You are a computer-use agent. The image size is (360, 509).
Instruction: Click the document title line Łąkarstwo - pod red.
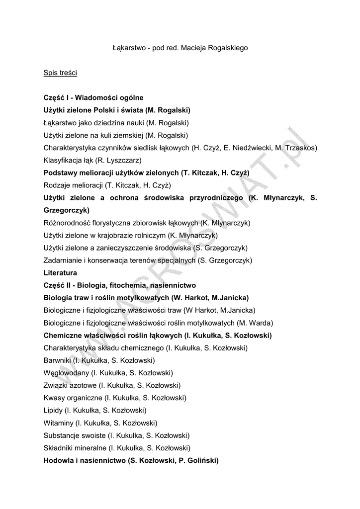click(x=180, y=48)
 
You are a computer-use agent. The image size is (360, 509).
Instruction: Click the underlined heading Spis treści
click(x=60, y=73)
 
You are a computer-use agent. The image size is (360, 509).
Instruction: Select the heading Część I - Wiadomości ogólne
click(x=93, y=97)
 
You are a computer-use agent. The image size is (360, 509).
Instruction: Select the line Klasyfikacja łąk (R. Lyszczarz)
click(x=92, y=160)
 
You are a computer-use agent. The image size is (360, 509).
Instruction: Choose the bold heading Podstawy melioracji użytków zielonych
click(x=146, y=172)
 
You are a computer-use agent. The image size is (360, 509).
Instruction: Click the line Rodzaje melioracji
click(x=107, y=185)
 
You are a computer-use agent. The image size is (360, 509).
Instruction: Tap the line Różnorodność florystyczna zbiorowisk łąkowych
click(x=147, y=223)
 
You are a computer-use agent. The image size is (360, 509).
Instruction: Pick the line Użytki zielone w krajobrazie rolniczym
click(x=131, y=235)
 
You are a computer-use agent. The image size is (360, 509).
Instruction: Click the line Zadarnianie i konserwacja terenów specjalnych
click(x=148, y=260)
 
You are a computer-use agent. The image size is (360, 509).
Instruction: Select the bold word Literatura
click(x=60, y=273)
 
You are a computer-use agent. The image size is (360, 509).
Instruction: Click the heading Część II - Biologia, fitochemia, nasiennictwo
click(x=120, y=285)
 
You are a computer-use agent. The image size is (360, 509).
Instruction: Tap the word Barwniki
click(x=57, y=360)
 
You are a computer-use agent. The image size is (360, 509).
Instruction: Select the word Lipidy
click(x=53, y=410)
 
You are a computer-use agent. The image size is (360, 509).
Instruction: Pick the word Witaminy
click(x=58, y=423)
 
